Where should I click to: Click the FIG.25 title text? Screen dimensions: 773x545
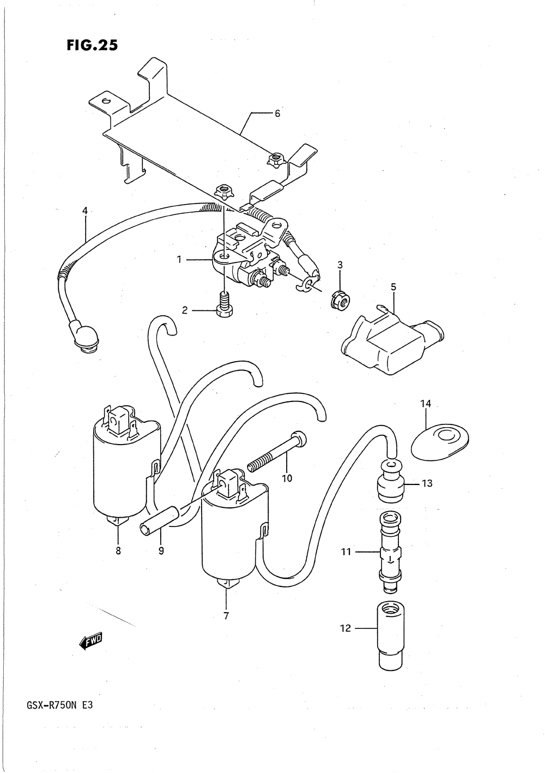[92, 45]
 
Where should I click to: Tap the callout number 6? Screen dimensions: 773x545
[277, 113]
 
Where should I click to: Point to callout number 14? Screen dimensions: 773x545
[426, 404]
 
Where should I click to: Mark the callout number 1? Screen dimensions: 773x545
[179, 260]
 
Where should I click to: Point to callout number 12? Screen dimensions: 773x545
[346, 628]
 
